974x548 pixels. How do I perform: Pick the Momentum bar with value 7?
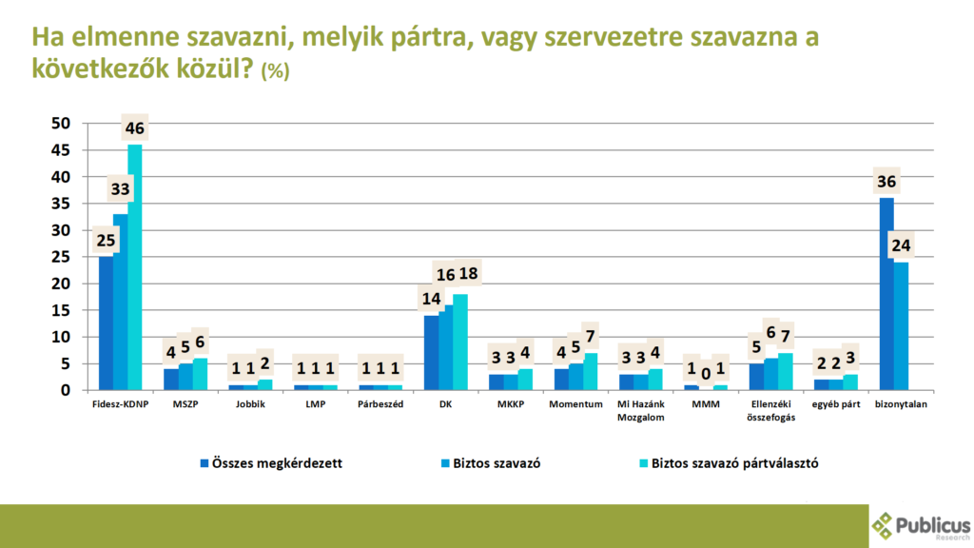pos(591,371)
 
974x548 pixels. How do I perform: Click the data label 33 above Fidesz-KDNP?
pos(120,189)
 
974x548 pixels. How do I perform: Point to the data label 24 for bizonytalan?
pos(901,246)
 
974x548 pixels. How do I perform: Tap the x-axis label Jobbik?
pos(249,404)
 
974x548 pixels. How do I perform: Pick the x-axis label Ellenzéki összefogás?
pos(770,410)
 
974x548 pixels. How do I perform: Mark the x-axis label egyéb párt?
pos(837,404)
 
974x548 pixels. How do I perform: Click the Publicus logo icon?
pos(883,524)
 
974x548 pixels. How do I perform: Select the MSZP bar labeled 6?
pos(201,374)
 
